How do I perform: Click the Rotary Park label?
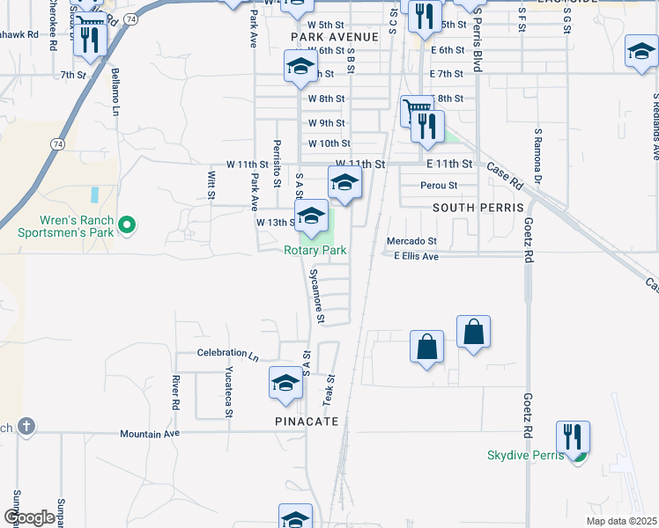pyautogui.click(x=315, y=251)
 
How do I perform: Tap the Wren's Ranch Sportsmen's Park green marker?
pyautogui.click(x=126, y=225)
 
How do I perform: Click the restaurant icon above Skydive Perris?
pyautogui.click(x=573, y=436)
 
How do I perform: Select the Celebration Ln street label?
pyautogui.click(x=227, y=354)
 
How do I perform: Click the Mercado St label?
pyautogui.click(x=411, y=241)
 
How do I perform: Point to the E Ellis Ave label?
pyautogui.click(x=416, y=256)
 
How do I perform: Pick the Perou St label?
pyautogui.click(x=439, y=186)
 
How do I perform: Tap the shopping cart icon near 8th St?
pyautogui.click(x=417, y=111)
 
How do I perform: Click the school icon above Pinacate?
pyautogui.click(x=285, y=382)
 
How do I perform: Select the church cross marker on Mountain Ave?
pyautogui.click(x=26, y=427)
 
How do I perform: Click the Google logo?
pyautogui.click(x=30, y=517)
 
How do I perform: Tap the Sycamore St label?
pyautogui.click(x=316, y=294)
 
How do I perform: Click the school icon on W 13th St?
pyautogui.click(x=311, y=216)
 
